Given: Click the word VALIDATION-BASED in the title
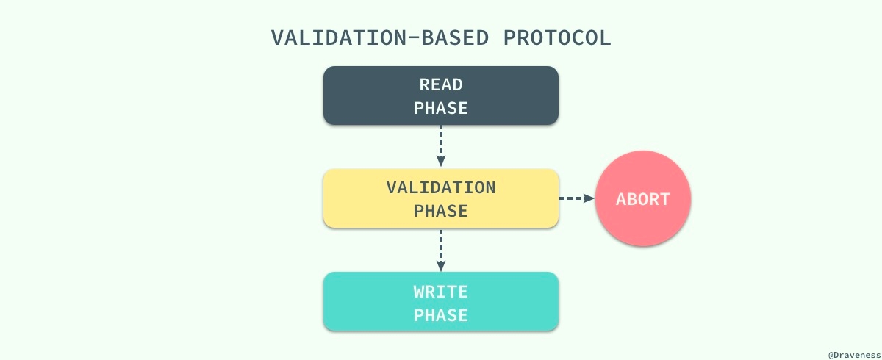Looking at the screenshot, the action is coord(380,38).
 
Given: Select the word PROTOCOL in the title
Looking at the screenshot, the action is coord(557,38).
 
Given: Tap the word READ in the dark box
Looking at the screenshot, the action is coord(441,84).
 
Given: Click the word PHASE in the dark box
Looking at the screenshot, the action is coord(441,108).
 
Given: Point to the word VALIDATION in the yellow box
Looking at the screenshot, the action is coord(441,187).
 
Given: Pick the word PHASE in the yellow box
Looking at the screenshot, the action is coord(441,212).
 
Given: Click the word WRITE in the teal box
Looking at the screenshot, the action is coord(441,292).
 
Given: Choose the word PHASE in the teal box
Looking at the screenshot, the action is coord(441,315).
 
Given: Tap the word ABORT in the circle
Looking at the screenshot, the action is coord(643,199).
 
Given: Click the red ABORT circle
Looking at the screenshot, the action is coord(643,198).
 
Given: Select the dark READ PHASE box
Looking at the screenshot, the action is coord(441,96).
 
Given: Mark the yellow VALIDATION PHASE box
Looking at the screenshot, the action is coord(441,198).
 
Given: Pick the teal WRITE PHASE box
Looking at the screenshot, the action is coord(441,301).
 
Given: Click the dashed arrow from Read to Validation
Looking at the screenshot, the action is coord(441,146).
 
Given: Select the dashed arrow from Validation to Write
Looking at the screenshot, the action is coord(441,251).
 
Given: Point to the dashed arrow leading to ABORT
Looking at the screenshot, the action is coord(577,198).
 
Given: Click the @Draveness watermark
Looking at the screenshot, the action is coord(854,355).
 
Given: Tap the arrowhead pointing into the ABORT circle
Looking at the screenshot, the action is coord(589,198).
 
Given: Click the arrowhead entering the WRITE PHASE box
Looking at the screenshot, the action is coord(441,266).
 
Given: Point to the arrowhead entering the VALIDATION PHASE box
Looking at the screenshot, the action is coord(441,162).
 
